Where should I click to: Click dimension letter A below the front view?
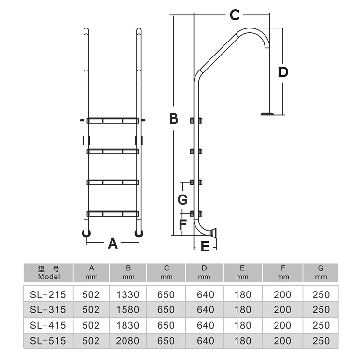point(112,244)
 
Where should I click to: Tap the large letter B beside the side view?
point(174,118)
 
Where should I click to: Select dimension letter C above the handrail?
point(234,15)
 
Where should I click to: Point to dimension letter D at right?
point(283,72)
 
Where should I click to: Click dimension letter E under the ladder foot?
point(205,247)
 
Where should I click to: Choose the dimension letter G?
point(182,199)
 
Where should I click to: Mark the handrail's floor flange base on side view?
point(266,114)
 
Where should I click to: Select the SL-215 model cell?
point(48,294)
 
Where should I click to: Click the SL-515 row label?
point(48,341)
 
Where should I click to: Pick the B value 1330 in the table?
point(128,294)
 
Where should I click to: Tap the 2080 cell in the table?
point(128,341)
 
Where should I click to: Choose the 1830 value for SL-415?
point(128,326)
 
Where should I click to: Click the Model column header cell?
point(48,273)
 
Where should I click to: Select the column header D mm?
point(204,273)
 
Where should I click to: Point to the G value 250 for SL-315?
point(321,310)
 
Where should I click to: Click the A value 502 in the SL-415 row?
point(91,326)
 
